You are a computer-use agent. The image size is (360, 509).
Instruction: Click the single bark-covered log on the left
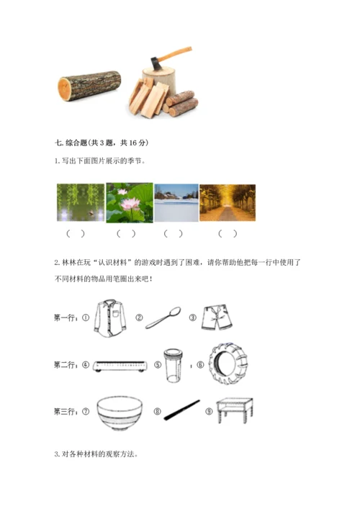click(x=89, y=86)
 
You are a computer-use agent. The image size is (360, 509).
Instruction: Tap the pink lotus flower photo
click(x=130, y=202)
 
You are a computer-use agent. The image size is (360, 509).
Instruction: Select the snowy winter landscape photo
click(x=176, y=203)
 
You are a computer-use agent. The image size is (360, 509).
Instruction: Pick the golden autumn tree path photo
click(x=228, y=203)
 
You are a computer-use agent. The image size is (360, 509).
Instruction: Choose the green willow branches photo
click(x=81, y=202)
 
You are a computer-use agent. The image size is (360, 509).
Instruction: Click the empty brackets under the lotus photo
click(x=126, y=233)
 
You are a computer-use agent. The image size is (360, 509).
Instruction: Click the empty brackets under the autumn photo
click(x=228, y=233)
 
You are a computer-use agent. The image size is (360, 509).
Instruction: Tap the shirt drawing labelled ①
click(x=110, y=318)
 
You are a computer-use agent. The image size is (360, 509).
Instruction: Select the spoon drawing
click(x=163, y=317)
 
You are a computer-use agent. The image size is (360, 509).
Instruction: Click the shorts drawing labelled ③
click(x=217, y=317)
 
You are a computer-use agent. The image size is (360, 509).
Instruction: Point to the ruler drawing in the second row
click(x=120, y=366)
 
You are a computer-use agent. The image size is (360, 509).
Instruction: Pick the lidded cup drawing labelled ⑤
click(x=173, y=366)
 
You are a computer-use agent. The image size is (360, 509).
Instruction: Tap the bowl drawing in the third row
click(x=120, y=413)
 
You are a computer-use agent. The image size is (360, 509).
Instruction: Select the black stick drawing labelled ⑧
click(x=181, y=410)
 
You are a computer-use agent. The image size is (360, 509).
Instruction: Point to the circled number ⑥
click(x=200, y=365)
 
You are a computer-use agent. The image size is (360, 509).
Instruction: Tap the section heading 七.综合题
click(x=71, y=143)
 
